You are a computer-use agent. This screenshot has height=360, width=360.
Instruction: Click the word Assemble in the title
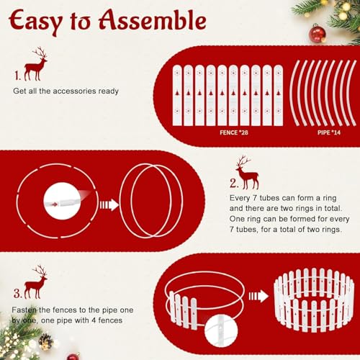[x=153, y=20]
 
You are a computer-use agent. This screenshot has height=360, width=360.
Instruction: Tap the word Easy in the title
[x=35, y=22]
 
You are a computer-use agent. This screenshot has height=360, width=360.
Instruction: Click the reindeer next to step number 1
[x=35, y=64]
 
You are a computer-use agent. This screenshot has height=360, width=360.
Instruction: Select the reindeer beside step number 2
[x=248, y=173]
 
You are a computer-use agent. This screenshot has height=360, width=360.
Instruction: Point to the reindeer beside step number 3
[x=35, y=282]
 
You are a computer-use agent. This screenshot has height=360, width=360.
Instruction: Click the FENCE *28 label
[x=234, y=132]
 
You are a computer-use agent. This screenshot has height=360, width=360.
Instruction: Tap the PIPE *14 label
[x=329, y=132]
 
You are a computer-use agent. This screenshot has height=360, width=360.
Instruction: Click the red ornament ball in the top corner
[x=318, y=35]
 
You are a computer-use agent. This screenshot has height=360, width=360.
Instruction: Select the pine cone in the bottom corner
[x=45, y=341]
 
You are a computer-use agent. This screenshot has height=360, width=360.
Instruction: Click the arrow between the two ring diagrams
[x=109, y=205]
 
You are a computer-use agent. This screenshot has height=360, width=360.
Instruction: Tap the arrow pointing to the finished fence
[x=258, y=297]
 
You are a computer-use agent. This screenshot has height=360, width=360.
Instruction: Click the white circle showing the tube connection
[x=63, y=201]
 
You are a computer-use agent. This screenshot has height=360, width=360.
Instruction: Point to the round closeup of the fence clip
[x=221, y=331]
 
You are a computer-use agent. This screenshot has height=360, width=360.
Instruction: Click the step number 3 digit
[x=17, y=293]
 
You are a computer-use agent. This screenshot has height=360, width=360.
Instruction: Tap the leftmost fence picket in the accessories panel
[x=177, y=95]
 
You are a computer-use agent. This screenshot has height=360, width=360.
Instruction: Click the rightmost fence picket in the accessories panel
[x=279, y=95]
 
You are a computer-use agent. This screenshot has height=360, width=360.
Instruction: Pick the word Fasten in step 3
[x=24, y=310]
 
